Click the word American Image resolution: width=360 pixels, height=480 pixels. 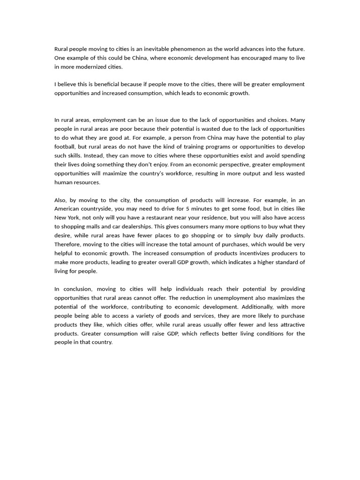pos(67,209)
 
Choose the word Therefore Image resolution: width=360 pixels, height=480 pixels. pos(67,245)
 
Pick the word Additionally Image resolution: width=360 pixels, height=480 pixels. pos(260,307)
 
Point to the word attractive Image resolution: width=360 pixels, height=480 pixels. pos(289,325)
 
